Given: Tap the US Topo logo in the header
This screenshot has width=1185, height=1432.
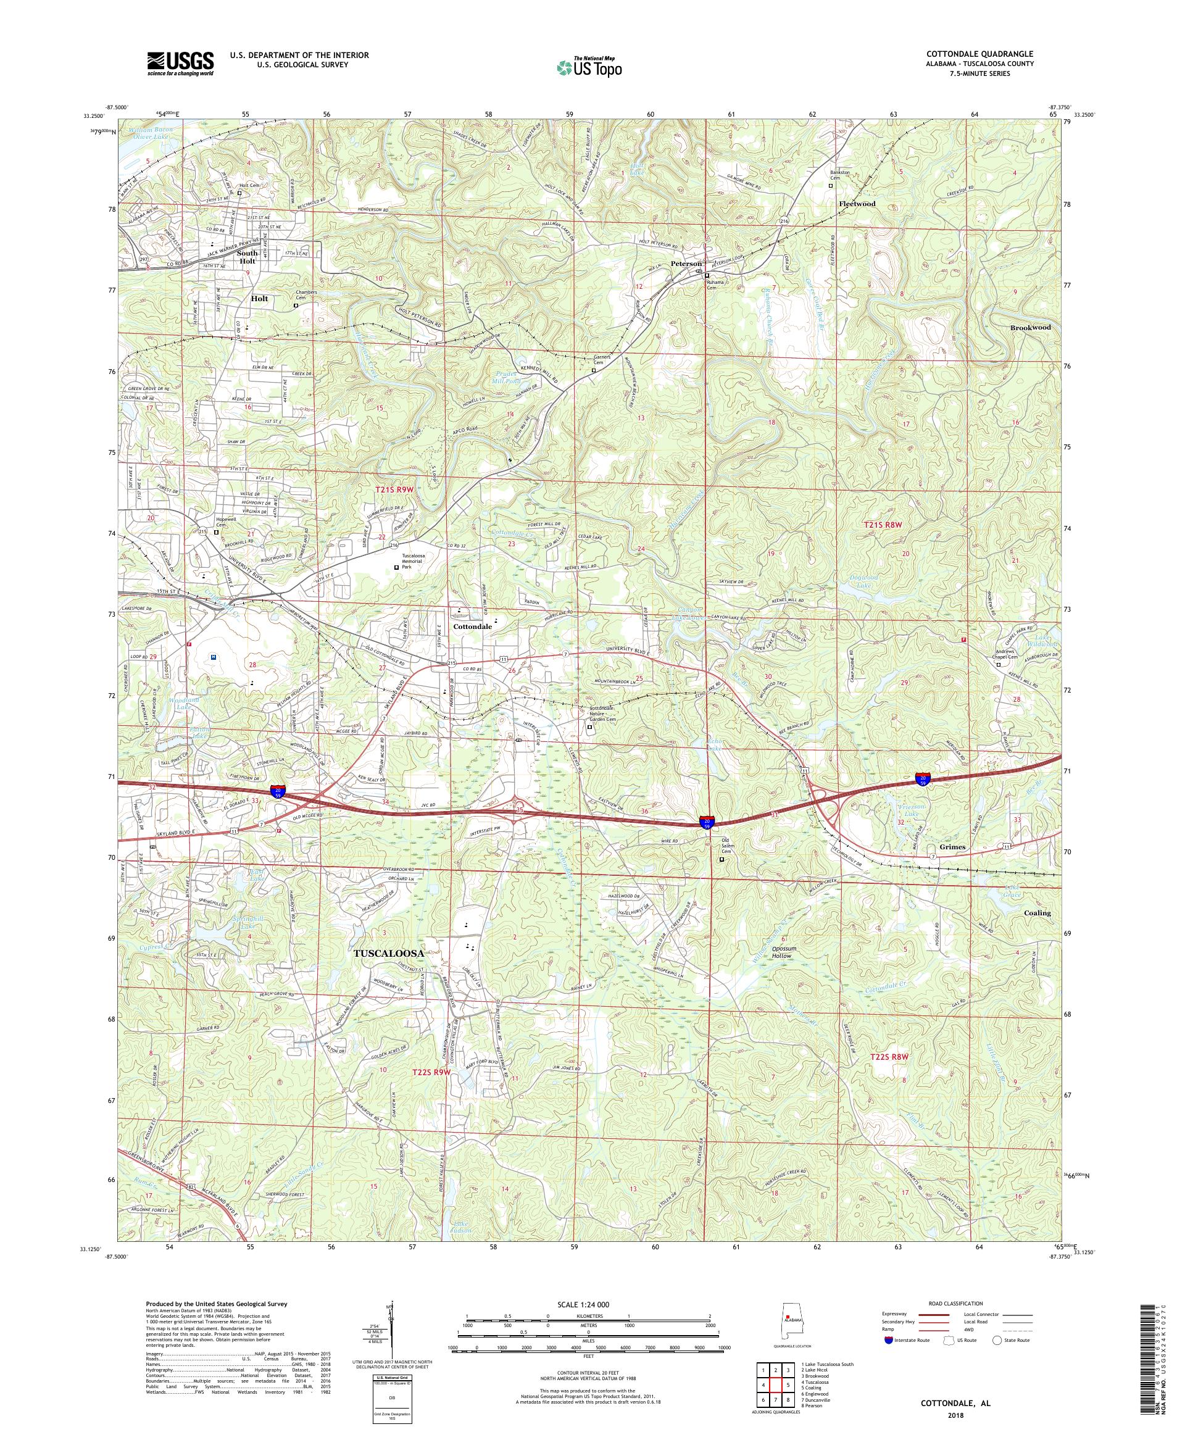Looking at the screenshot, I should [x=590, y=67].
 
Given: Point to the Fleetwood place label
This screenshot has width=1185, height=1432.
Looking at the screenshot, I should [x=857, y=204].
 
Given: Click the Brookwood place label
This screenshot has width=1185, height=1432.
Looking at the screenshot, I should [x=1030, y=327].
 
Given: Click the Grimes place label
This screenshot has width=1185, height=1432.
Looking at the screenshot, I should [x=952, y=847].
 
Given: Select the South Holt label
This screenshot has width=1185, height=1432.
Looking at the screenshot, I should [x=247, y=256].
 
